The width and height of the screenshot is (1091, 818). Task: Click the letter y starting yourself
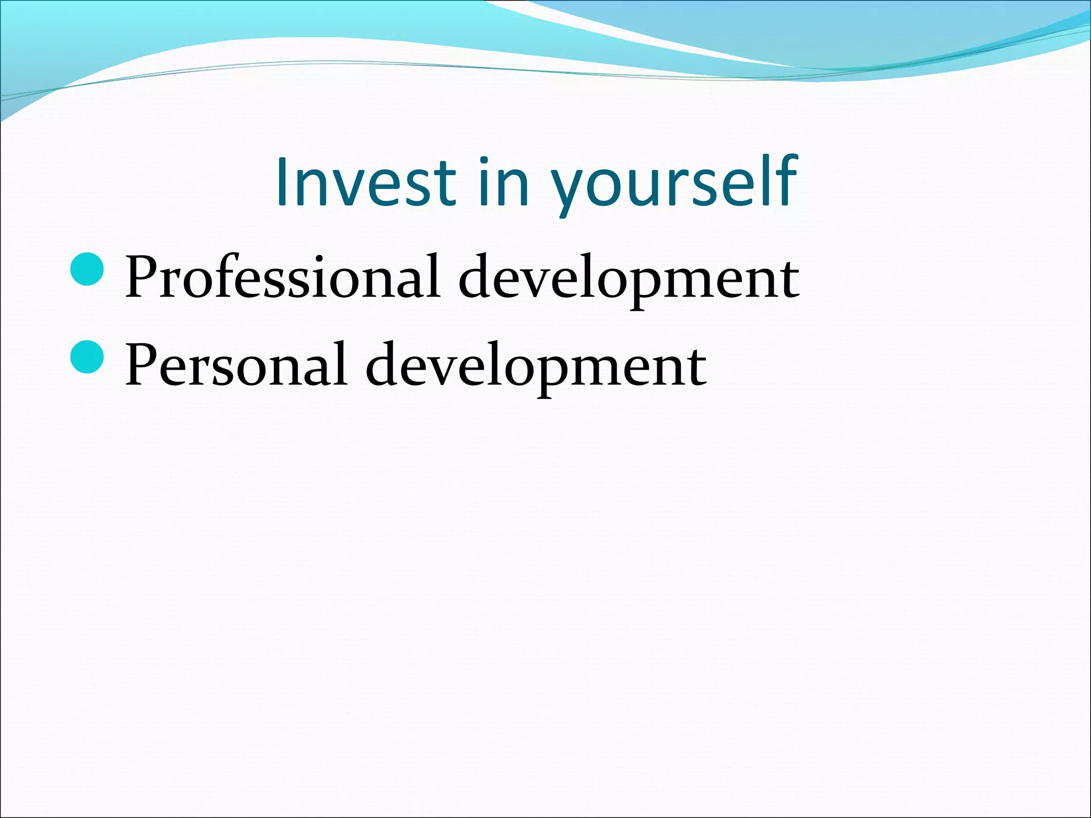tap(569, 189)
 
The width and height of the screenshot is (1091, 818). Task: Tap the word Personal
tap(236, 366)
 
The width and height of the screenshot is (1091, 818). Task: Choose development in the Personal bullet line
tap(536, 366)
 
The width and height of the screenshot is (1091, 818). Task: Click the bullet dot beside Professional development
tap(86, 269)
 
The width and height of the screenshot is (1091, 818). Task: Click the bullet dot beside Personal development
tap(86, 357)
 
